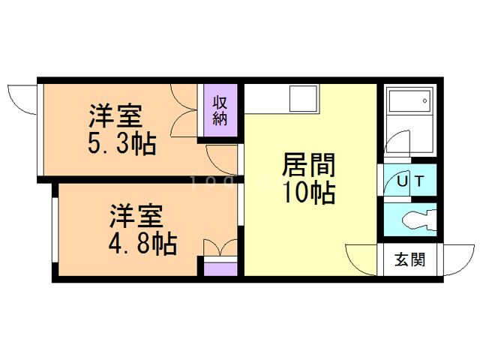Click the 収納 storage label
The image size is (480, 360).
tap(220, 110)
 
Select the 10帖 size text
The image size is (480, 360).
tap(307, 193)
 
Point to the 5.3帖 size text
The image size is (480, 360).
tap(122, 142)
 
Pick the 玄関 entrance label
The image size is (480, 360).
tap(409, 260)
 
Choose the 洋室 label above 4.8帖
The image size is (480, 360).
tap(136, 216)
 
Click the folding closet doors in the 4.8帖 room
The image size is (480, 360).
tap(219, 248)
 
